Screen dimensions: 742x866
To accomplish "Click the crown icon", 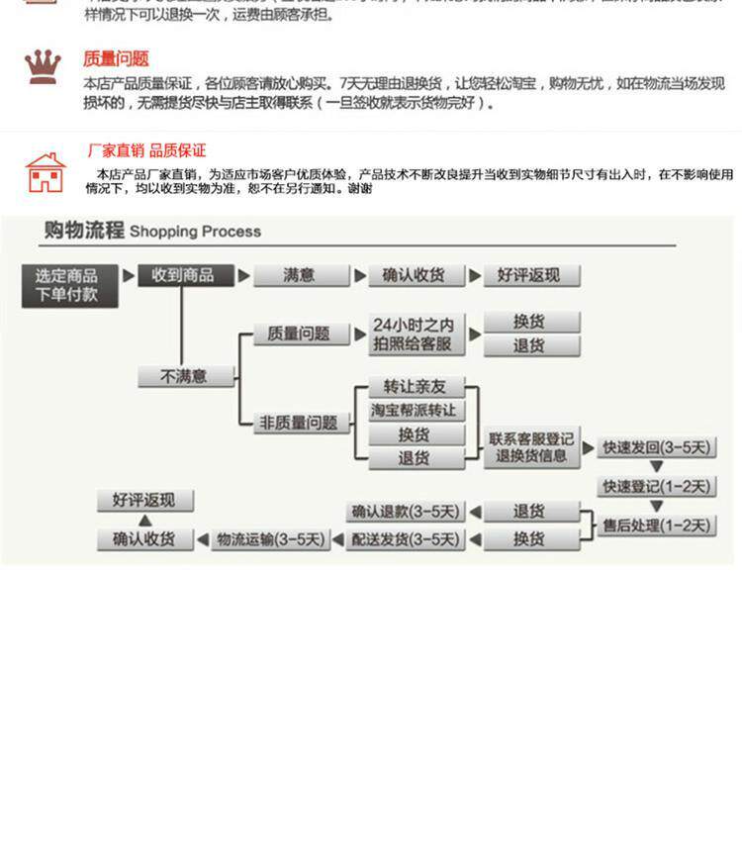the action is (43, 67).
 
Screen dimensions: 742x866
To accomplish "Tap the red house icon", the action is (45, 172).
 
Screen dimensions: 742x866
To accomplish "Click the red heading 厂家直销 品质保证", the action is (146, 150).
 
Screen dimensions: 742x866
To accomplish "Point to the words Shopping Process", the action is (195, 232).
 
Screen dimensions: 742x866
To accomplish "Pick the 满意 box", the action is (301, 275).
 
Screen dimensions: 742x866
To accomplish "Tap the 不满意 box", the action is (185, 376).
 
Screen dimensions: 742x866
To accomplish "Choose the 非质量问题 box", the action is (300, 423).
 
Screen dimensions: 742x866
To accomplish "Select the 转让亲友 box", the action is (416, 387).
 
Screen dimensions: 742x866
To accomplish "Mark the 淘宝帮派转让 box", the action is (416, 411).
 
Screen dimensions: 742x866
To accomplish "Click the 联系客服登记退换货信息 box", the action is (531, 446).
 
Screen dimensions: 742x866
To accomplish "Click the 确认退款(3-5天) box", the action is (406, 512).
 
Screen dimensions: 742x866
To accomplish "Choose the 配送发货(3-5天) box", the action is (406, 539).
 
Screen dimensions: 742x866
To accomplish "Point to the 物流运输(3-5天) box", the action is (270, 539).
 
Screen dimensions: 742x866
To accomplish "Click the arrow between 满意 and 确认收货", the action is (360, 275).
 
